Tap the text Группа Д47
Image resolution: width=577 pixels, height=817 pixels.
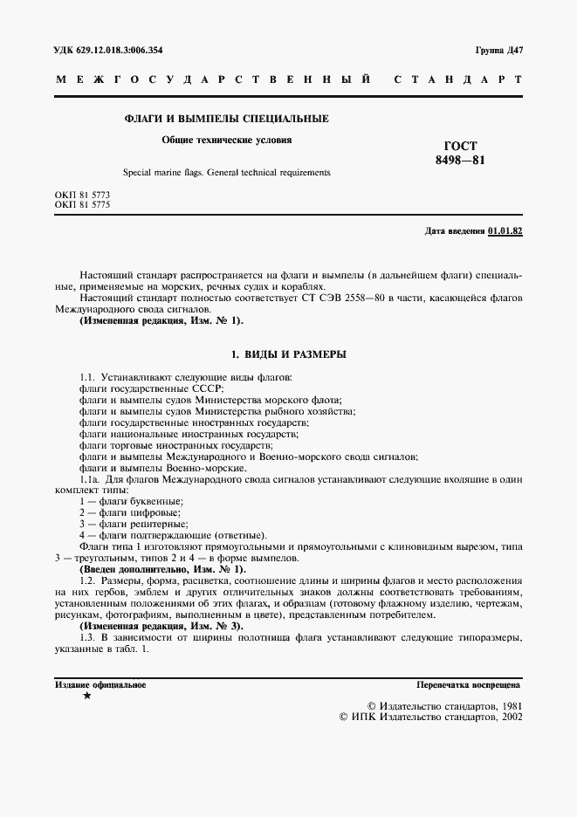498,50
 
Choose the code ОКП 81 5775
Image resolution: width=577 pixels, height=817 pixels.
82,204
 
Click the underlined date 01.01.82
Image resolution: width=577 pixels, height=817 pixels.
505,231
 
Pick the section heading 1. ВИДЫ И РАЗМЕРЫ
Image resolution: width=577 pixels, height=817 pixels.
288,354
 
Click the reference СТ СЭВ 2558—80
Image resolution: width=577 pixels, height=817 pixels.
362,299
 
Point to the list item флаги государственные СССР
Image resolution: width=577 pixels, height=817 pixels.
151,388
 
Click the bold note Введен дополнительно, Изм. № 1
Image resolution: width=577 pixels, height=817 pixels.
162,569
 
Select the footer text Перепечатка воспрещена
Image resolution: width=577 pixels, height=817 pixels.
469,685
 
